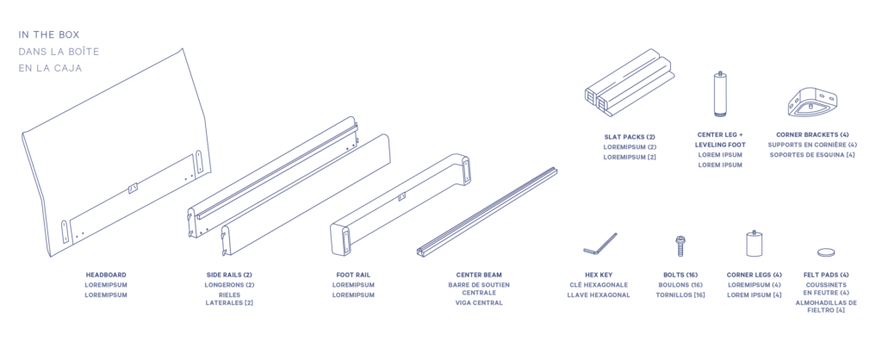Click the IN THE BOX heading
(x=48, y=35)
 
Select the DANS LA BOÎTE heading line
(x=59, y=52)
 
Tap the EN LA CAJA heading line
(x=50, y=68)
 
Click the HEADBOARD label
(x=106, y=275)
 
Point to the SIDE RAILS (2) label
(x=229, y=275)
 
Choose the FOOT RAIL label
(x=353, y=275)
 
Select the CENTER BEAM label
(x=475, y=275)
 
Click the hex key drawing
(x=599, y=244)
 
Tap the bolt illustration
(x=680, y=245)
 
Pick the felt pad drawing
(x=826, y=252)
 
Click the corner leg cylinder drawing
(x=755, y=243)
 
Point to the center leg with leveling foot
(x=720, y=94)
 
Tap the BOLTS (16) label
(x=680, y=275)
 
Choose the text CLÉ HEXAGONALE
(x=599, y=285)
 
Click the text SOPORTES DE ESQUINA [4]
(x=812, y=154)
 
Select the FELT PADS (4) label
(x=826, y=275)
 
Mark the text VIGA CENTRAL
(x=475, y=303)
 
